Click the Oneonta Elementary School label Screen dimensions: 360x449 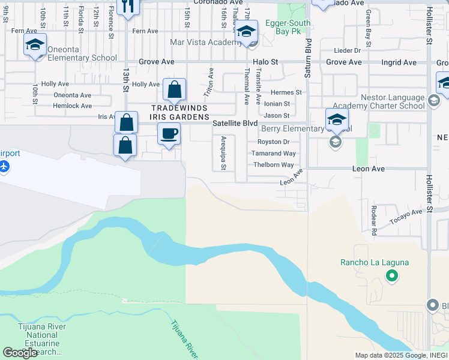[x=76, y=58]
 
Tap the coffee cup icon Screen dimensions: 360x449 [x=169, y=133]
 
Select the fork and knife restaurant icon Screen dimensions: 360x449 [x=128, y=6]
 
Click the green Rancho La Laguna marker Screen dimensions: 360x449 [x=391, y=276]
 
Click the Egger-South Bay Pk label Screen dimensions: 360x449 [x=289, y=23]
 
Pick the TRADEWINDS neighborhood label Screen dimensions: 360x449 [x=179, y=108]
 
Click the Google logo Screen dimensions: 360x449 [x=20, y=352]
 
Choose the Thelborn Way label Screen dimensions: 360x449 [x=273, y=164]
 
